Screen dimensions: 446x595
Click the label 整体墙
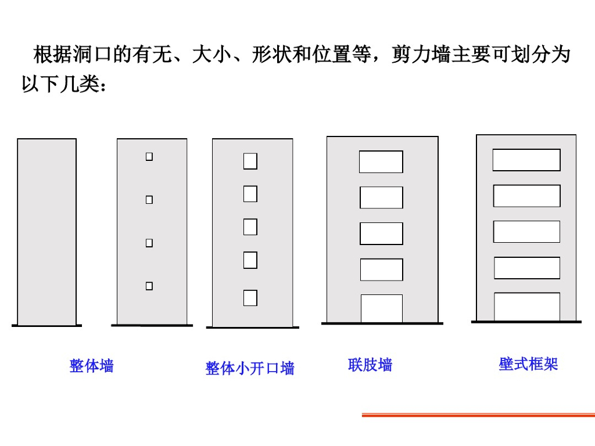[91, 366]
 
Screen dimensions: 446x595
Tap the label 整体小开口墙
[250, 368]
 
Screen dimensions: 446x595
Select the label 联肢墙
[370, 365]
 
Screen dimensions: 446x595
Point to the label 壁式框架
[528, 364]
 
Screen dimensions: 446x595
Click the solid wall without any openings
[46, 232]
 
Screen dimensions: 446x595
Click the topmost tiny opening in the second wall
[149, 156]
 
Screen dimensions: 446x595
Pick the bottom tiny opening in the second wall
[149, 286]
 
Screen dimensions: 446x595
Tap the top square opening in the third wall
[250, 161]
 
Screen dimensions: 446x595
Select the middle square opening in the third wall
[250, 226]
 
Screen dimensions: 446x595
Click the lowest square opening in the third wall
[250, 298]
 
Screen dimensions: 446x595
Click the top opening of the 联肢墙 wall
[381, 162]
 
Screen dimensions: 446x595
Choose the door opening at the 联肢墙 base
[382, 308]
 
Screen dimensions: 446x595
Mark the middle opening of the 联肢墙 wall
[381, 233]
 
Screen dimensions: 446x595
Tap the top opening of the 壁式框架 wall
[526, 160]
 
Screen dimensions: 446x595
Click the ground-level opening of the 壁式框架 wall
[527, 307]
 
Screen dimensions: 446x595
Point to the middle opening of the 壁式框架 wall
[526, 232]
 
